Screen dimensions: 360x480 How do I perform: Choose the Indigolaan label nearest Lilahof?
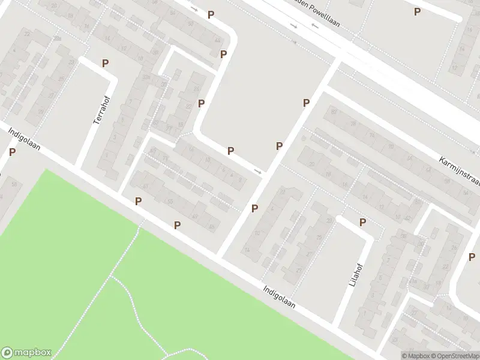tap(279, 296)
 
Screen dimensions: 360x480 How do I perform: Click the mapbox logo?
tap(26, 353)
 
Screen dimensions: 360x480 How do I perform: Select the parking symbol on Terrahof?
tap(106, 63)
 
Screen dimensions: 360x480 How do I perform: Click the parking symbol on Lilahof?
tap(362, 223)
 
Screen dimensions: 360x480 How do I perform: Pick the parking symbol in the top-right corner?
tap(418, 11)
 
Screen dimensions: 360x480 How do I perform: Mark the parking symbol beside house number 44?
tap(223, 55)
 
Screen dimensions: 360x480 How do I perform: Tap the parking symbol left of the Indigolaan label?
tap(12, 152)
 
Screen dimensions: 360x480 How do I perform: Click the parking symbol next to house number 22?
tap(201, 103)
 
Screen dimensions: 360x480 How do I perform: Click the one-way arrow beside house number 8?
tap(257, 172)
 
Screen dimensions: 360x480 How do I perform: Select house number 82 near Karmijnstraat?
tap(334, 112)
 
